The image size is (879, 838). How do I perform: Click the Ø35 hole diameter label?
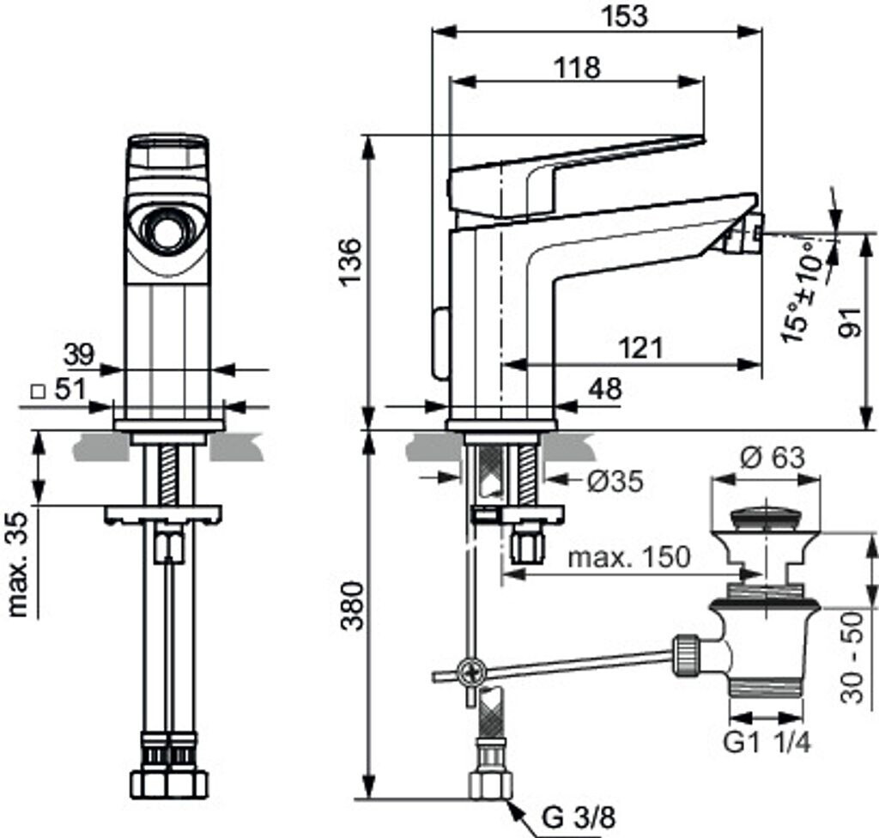[x=614, y=482]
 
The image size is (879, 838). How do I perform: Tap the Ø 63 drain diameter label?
[x=770, y=458]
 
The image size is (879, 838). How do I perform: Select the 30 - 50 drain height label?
[x=852, y=659]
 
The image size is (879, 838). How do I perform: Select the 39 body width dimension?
[x=80, y=353]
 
